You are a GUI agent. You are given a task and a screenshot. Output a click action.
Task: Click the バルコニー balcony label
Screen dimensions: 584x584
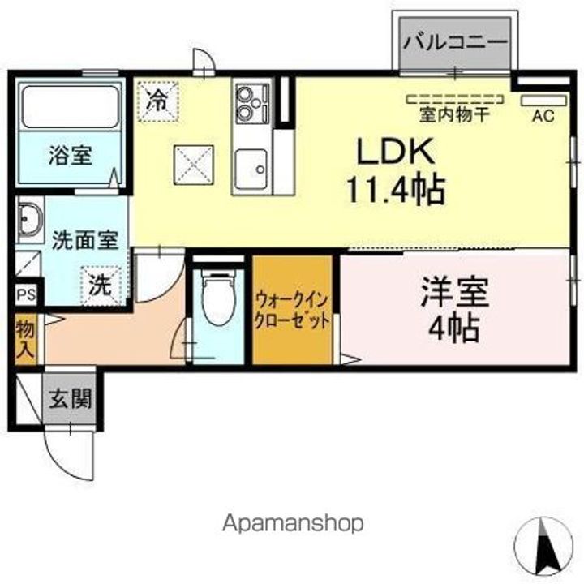tap(455, 41)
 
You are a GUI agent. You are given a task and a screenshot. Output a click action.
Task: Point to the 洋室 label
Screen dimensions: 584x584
tap(454, 292)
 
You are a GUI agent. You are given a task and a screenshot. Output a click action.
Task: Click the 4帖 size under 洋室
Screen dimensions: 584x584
tap(454, 328)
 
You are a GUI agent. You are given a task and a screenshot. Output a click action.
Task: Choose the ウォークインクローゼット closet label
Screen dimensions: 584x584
tap(292, 310)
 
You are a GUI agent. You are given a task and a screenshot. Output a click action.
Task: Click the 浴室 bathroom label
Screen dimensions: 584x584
tap(69, 155)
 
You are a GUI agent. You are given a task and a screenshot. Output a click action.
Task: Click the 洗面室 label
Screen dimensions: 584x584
tap(85, 239)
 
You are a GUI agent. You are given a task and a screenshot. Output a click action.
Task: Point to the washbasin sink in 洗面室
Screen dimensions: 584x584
tap(32, 220)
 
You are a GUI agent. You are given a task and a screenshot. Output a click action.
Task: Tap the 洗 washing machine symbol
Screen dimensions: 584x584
tap(100, 286)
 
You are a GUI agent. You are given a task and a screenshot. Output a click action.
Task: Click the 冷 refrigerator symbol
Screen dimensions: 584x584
tap(158, 101)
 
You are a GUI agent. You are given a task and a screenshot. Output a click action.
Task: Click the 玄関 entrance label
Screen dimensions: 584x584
tap(69, 399)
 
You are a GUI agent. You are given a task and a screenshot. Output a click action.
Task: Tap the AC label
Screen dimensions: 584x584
tap(543, 115)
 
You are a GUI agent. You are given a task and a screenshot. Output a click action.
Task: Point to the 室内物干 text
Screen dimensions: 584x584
tap(454, 114)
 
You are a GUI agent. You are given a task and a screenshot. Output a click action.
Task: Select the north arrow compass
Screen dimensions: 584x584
tap(545, 543)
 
